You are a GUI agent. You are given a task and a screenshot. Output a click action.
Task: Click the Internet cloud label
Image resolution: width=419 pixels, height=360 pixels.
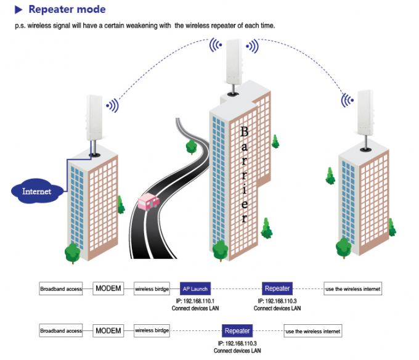tap(36, 191)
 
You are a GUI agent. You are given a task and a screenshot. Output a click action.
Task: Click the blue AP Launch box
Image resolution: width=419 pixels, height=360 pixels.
tap(195, 288)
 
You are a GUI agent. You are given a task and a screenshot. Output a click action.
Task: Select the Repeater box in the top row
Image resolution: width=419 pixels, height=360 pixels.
tap(277, 288)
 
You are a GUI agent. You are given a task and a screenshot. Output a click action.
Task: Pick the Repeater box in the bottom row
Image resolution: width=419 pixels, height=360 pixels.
tap(237, 331)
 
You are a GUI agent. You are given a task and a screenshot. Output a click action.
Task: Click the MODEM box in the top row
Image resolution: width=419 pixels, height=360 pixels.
tap(108, 288)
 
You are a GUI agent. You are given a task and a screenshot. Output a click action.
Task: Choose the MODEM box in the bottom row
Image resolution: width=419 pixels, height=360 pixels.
tap(108, 331)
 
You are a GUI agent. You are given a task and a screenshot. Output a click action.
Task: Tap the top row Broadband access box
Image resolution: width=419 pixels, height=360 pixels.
tap(61, 288)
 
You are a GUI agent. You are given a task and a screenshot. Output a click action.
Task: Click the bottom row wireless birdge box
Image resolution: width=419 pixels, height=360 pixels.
tap(152, 331)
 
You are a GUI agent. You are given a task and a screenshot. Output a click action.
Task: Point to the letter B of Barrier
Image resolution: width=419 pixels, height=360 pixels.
tap(245, 131)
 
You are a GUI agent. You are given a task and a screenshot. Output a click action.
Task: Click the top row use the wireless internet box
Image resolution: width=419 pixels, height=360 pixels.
tap(353, 288)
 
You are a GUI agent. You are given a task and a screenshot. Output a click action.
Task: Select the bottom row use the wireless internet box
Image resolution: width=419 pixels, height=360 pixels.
tap(312, 331)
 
